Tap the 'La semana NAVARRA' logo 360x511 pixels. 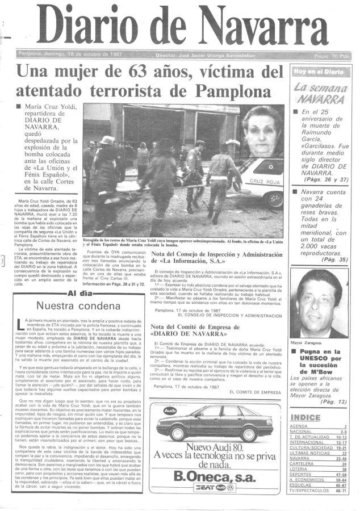click(x=321, y=93)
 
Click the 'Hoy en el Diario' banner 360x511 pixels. click(x=319, y=72)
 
